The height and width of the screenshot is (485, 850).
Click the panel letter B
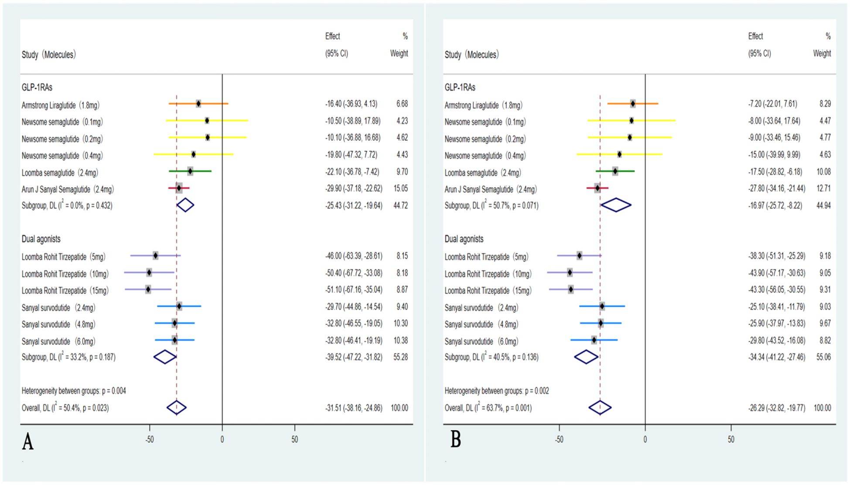tap(455, 440)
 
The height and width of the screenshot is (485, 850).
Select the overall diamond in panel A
tap(177, 407)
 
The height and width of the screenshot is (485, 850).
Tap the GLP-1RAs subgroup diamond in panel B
tap(616, 205)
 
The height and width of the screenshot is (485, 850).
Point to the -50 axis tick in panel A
tap(150, 440)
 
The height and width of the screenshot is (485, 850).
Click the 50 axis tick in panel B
tap(731, 440)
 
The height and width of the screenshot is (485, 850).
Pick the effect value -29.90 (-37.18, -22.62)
tap(354, 189)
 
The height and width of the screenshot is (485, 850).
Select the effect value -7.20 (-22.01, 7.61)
tap(772, 104)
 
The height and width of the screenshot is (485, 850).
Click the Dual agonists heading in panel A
tap(41, 239)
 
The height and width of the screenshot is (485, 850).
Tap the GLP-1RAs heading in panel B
tap(460, 88)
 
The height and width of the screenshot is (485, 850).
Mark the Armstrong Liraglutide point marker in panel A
tap(198, 104)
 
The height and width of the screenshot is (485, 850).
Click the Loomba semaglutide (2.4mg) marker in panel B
tap(615, 171)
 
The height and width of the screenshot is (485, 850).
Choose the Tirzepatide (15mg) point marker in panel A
tap(148, 289)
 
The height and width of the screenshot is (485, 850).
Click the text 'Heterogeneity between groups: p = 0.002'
tap(497, 391)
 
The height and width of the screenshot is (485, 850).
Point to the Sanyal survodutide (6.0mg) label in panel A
tap(58, 342)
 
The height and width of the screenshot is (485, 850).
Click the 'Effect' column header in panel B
tap(755, 36)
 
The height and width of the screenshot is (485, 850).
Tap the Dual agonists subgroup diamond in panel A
tap(165, 357)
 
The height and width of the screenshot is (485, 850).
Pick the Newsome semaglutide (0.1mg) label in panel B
tap(485, 122)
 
